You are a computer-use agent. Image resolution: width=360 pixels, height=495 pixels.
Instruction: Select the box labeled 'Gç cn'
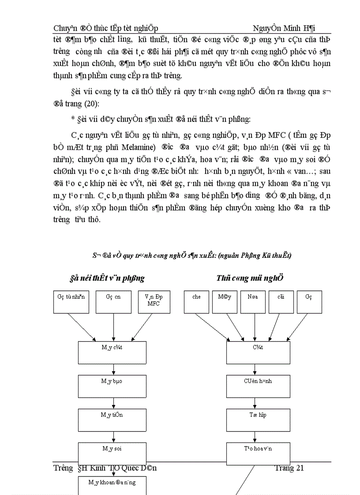point(113,302)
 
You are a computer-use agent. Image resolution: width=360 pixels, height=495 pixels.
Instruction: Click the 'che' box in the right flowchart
point(196,302)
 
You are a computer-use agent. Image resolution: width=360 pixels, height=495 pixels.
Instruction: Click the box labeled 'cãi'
point(281,302)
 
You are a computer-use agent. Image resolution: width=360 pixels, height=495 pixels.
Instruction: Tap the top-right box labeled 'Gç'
point(309,302)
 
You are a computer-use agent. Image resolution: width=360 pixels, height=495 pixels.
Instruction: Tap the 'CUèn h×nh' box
point(259,386)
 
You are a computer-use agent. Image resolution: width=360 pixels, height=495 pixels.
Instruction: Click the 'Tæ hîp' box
point(259,420)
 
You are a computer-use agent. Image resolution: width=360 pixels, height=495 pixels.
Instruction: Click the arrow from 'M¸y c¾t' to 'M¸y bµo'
point(114,369)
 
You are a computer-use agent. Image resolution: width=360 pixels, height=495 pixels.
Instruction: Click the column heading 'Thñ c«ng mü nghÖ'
point(250,278)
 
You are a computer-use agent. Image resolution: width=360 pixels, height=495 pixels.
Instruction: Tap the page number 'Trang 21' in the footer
point(289,468)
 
